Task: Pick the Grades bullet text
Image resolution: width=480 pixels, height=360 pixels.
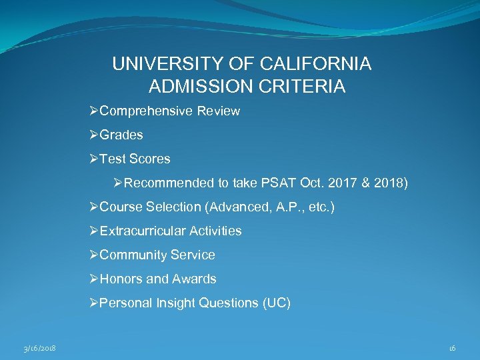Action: [x=121, y=135]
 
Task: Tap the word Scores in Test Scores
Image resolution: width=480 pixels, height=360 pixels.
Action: [x=150, y=159]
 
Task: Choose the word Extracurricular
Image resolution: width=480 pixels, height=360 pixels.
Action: [x=143, y=231]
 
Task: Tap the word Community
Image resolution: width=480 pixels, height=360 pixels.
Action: [x=133, y=255]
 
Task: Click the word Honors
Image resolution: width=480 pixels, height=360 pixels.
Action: [x=121, y=279]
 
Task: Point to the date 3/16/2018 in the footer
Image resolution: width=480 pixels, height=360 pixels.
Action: [x=39, y=348]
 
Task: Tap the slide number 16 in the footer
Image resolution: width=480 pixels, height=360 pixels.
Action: [x=452, y=348]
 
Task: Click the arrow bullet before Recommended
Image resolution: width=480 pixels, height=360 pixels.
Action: [x=119, y=183]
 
